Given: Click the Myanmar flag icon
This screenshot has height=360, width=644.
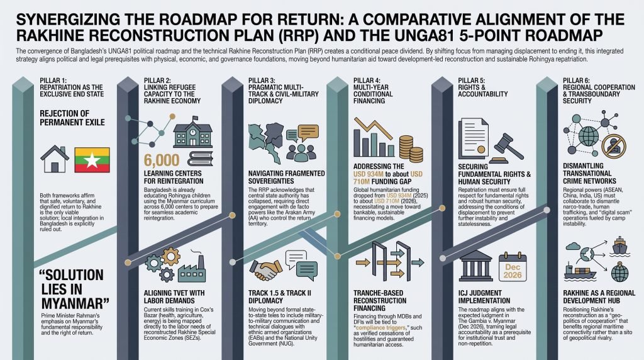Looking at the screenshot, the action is point(92,160).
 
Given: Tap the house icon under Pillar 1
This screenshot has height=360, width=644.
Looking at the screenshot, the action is point(55,159).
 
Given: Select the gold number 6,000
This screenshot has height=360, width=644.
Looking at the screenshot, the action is point(162,160).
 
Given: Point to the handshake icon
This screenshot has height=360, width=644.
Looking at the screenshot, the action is point(266,269).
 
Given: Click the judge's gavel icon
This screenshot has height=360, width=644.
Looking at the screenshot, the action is point(508,148).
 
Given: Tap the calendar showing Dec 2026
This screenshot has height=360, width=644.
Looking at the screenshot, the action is point(512,267).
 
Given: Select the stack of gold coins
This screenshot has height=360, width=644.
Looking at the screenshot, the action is point(410,149).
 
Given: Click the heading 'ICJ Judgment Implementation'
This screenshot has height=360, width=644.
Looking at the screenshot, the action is point(484,296).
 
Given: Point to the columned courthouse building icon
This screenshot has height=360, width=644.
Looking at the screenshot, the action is point(476,266).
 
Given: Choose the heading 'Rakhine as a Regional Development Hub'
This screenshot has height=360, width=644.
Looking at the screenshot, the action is point(599,296).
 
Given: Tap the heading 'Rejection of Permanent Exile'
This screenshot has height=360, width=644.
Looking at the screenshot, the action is point(72,118).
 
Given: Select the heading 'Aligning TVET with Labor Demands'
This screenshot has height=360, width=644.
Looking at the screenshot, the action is point(174,296).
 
